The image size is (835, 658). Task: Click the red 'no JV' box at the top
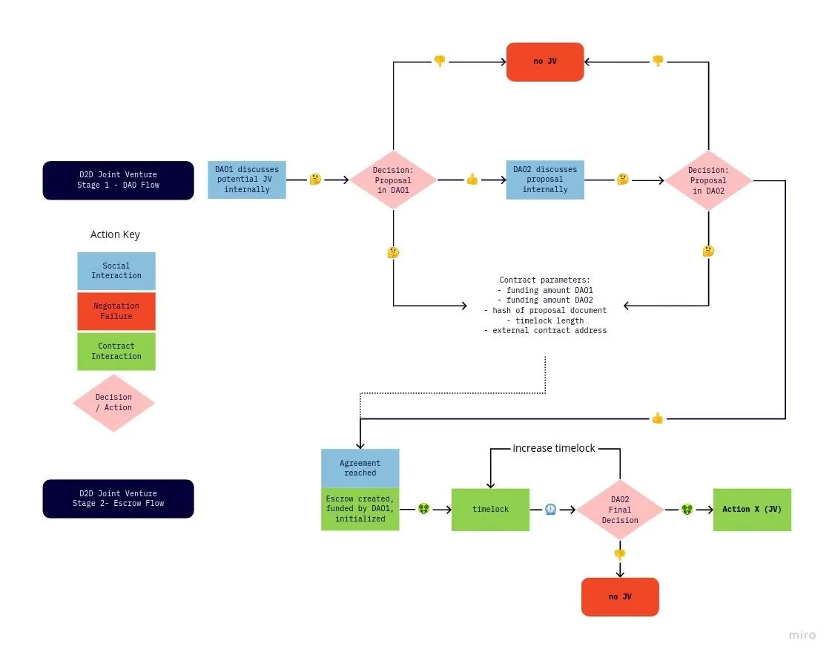click(545, 62)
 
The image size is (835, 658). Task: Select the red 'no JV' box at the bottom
click(620, 596)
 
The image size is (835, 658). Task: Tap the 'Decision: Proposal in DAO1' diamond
click(393, 180)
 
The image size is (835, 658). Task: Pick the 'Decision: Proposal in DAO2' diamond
click(708, 180)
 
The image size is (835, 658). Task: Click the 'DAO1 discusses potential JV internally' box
click(247, 180)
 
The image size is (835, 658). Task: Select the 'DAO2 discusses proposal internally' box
click(545, 180)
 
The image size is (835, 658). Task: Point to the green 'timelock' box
click(490, 510)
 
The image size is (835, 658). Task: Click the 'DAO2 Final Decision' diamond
click(620, 510)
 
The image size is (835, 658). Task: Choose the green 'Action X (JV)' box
click(752, 510)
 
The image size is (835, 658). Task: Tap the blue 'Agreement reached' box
click(360, 468)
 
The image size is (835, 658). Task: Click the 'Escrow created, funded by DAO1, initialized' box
click(360, 509)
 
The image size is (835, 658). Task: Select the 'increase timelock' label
click(554, 449)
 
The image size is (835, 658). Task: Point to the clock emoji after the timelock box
click(550, 510)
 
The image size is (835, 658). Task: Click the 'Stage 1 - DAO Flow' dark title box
click(118, 180)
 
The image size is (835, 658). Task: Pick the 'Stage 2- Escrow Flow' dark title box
click(118, 499)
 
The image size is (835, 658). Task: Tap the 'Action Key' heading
click(115, 234)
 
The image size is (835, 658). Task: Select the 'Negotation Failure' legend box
click(116, 311)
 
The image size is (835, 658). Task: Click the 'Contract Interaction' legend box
click(116, 351)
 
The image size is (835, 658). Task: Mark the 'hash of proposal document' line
click(545, 310)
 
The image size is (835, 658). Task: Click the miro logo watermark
click(802, 635)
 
